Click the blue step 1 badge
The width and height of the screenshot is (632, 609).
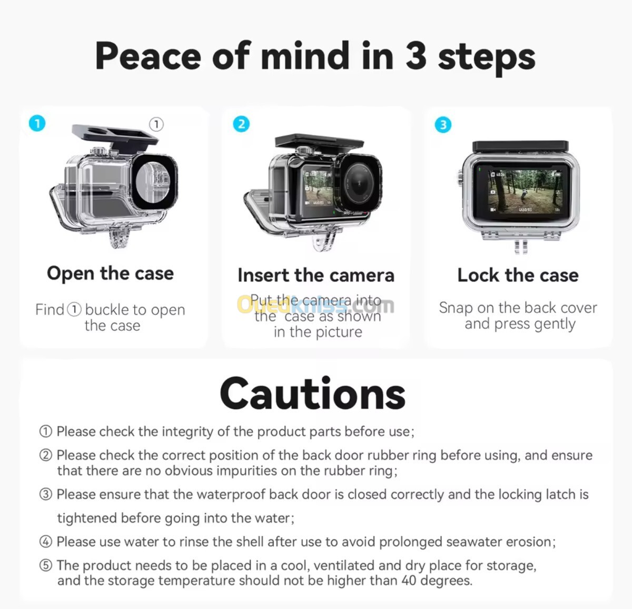[37, 123]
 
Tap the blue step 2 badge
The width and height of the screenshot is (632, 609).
[241, 124]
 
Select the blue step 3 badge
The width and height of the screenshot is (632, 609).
[443, 125]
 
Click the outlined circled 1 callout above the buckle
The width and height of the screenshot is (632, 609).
[156, 124]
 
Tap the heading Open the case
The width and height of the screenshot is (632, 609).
[111, 273]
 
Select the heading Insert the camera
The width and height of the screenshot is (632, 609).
[316, 276]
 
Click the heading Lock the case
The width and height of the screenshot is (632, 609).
[518, 276]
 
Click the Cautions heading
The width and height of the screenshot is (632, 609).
[313, 394]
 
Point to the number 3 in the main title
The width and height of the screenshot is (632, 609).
[416, 55]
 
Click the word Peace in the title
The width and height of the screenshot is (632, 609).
[148, 55]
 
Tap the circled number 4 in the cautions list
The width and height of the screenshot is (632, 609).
[45, 542]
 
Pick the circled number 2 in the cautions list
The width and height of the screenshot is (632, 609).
[45, 455]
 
